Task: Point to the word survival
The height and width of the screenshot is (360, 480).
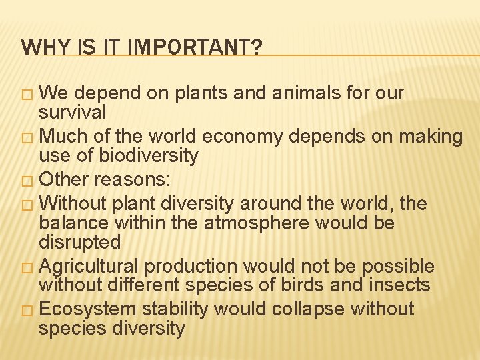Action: pyautogui.click(x=73, y=113)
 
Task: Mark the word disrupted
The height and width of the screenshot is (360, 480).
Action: pyautogui.click(x=80, y=243)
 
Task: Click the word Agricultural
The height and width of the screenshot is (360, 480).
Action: pyautogui.click(x=90, y=267)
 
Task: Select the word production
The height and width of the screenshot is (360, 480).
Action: pyautogui.click(x=191, y=267)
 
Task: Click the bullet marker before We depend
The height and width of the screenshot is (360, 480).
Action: pyautogui.click(x=27, y=94)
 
